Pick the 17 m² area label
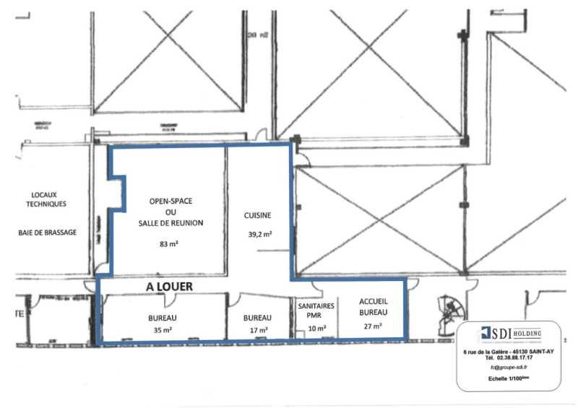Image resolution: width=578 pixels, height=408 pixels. click(x=258, y=330)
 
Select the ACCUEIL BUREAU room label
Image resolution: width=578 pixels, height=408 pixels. click(x=374, y=308)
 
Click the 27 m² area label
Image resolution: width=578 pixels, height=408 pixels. click(x=374, y=326)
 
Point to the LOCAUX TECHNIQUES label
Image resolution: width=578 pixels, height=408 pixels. click(x=49, y=199)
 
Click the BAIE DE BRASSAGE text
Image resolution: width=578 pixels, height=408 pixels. click(x=49, y=233)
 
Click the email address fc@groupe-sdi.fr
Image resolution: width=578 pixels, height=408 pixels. click(x=509, y=368)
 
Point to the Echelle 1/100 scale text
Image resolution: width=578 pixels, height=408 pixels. click(x=509, y=378)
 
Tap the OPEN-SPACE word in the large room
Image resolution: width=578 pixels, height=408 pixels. click(x=171, y=200)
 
